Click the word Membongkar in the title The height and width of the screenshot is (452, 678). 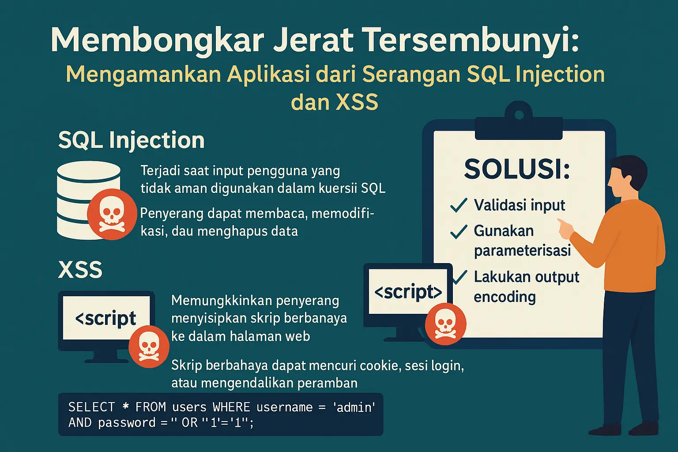click(158, 41)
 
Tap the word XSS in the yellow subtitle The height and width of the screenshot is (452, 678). click(357, 102)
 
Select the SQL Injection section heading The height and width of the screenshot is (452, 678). click(132, 140)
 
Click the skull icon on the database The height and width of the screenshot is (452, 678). click(112, 215)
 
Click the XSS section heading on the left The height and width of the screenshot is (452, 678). click(80, 269)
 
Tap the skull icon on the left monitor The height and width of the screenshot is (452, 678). click(149, 347)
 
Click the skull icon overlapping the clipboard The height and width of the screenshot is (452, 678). click(445, 324)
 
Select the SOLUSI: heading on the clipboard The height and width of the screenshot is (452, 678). click(517, 169)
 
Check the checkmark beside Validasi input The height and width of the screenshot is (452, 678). click(459, 205)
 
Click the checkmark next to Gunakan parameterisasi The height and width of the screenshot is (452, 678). click(459, 232)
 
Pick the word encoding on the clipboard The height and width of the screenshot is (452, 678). click(505, 297)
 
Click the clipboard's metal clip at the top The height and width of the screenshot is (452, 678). click(519, 121)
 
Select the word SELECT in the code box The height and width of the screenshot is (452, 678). click(92, 407)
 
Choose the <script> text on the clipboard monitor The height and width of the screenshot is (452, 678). click(408, 292)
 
